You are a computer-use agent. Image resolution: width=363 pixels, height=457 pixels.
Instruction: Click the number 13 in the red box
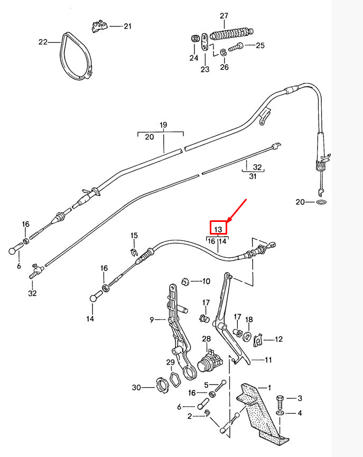tap(218, 229)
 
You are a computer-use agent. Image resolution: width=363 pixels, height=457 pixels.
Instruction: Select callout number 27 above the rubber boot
tap(224, 16)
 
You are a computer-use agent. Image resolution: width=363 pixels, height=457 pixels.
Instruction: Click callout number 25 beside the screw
tap(260, 45)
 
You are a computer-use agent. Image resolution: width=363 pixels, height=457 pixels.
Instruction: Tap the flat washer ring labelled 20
tap(321, 202)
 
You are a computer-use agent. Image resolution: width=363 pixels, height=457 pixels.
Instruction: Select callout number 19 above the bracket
tap(163, 125)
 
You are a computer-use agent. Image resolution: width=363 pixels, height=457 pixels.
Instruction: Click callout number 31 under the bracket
tap(253, 176)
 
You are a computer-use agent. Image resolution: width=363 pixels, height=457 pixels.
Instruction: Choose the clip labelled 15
tap(133, 251)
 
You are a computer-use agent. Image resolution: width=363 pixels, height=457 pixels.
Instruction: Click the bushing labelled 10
tap(185, 282)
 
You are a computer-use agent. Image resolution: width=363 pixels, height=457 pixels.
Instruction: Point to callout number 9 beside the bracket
tap(152, 320)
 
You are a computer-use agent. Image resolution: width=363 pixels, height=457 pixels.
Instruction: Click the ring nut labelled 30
tap(162, 386)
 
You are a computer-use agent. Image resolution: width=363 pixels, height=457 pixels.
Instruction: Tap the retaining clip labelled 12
tap(258, 340)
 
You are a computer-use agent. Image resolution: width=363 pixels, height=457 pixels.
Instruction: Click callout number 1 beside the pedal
tap(269, 388)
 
